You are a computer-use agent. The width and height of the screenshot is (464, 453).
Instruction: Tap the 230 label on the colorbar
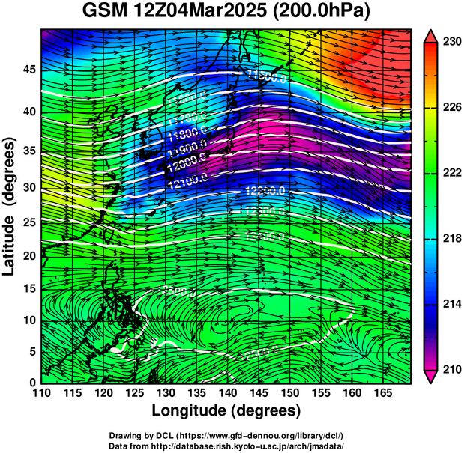[450, 43]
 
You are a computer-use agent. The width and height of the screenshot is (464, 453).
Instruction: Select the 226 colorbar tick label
[450, 108]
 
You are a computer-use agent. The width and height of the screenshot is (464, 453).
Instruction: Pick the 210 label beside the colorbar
[450, 369]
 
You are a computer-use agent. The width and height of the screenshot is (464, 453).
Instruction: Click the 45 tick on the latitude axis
[28, 70]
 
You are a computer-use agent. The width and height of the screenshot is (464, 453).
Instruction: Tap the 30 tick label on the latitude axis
[28, 187]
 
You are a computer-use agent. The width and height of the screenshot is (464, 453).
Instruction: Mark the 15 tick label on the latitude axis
[28, 288]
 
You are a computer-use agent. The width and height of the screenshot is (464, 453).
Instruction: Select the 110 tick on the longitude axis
[41, 394]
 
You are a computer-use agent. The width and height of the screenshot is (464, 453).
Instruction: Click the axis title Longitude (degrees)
[226, 411]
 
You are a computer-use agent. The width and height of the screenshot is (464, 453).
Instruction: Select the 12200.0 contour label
[264, 192]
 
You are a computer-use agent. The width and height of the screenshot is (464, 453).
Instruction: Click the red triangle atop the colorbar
[430, 36]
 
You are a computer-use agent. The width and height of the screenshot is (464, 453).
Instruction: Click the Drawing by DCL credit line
[226, 435]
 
